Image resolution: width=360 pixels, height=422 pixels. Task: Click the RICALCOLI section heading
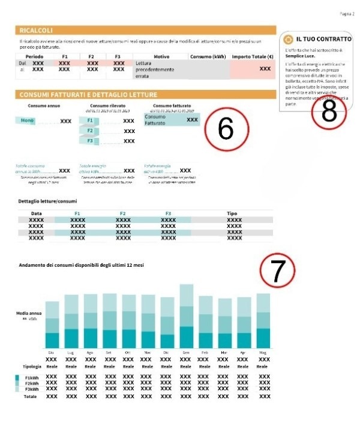pos(37,29)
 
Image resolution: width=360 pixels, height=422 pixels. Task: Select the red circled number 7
pos(277,272)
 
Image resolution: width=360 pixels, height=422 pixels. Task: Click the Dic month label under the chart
pos(166,353)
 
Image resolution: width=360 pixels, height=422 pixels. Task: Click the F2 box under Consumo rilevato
pos(90,131)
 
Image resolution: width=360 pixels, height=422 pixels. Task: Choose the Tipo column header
pos(232,213)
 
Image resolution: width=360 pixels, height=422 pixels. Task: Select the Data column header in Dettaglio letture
pos(37,213)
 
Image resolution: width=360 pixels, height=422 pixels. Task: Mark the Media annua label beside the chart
pos(28,313)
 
